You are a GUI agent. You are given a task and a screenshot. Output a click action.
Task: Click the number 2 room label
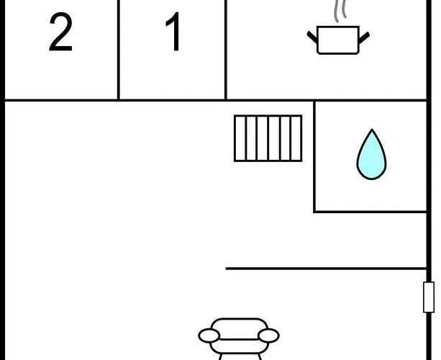pyautogui.click(x=60, y=32)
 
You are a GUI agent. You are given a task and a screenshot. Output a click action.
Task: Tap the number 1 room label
pyautogui.click(x=173, y=31)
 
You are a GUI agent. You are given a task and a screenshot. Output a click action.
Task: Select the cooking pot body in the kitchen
pyautogui.click(x=338, y=40)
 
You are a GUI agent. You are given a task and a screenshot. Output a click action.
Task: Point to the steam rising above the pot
pyautogui.click(x=340, y=11)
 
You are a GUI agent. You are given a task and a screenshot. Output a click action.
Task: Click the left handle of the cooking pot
pyautogui.click(x=312, y=37)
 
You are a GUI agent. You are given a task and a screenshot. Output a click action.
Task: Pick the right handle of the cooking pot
pyautogui.click(x=364, y=37)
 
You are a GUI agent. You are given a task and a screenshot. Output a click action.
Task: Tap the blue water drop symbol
pyautogui.click(x=371, y=154)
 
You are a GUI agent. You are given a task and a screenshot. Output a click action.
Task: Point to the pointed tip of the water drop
pyautogui.click(x=372, y=130)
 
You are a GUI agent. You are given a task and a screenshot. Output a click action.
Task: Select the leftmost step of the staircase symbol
pyautogui.click(x=240, y=138)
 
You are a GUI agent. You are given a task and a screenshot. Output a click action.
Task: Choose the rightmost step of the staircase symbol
pyautogui.click(x=296, y=138)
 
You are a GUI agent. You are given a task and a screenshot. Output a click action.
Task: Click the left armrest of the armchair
pyautogui.click(x=209, y=336)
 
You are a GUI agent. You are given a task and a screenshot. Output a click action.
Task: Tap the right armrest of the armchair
pyautogui.click(x=268, y=336)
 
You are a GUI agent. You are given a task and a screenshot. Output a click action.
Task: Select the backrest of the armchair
pyautogui.click(x=239, y=329)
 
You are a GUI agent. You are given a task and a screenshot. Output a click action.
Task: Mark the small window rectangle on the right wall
pyautogui.click(x=429, y=297)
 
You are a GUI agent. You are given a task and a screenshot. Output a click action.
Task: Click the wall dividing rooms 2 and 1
pyautogui.click(x=119, y=50)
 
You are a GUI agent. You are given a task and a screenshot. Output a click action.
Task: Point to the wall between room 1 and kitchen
pyautogui.click(x=226, y=50)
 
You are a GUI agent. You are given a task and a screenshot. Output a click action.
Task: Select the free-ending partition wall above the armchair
pyautogui.click(x=326, y=269)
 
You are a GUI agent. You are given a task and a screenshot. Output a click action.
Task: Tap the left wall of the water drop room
pyautogui.click(x=314, y=156)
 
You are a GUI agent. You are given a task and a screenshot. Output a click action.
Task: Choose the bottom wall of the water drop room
pyautogui.click(x=370, y=212)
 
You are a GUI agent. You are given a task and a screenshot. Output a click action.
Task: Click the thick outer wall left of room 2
pyautogui.click(x=3, y=180)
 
